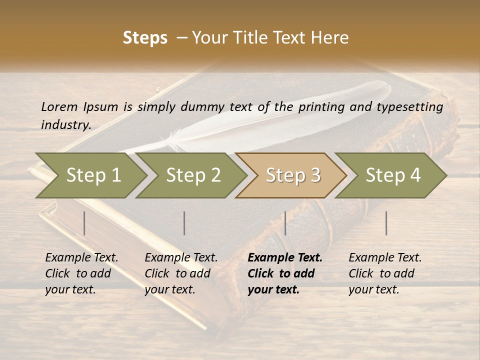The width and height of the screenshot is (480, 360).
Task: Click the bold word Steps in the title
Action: (x=145, y=38)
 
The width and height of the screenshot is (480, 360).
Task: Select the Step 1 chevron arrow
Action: (x=90, y=175)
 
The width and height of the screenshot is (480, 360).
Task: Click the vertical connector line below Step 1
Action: (x=84, y=223)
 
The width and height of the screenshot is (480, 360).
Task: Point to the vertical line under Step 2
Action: (x=184, y=223)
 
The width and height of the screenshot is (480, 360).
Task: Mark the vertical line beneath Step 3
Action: (x=285, y=223)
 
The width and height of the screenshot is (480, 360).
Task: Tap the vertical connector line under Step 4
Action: (x=386, y=223)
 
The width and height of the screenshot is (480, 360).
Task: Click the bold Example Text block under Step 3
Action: (x=285, y=273)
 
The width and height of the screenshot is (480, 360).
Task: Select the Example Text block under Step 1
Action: (x=81, y=273)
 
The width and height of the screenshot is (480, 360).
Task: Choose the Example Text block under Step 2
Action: (x=181, y=273)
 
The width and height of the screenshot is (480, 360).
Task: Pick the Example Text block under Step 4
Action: (x=385, y=273)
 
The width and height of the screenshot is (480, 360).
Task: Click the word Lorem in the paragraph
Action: (x=59, y=106)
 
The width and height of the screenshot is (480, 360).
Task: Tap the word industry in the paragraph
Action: (x=65, y=124)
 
